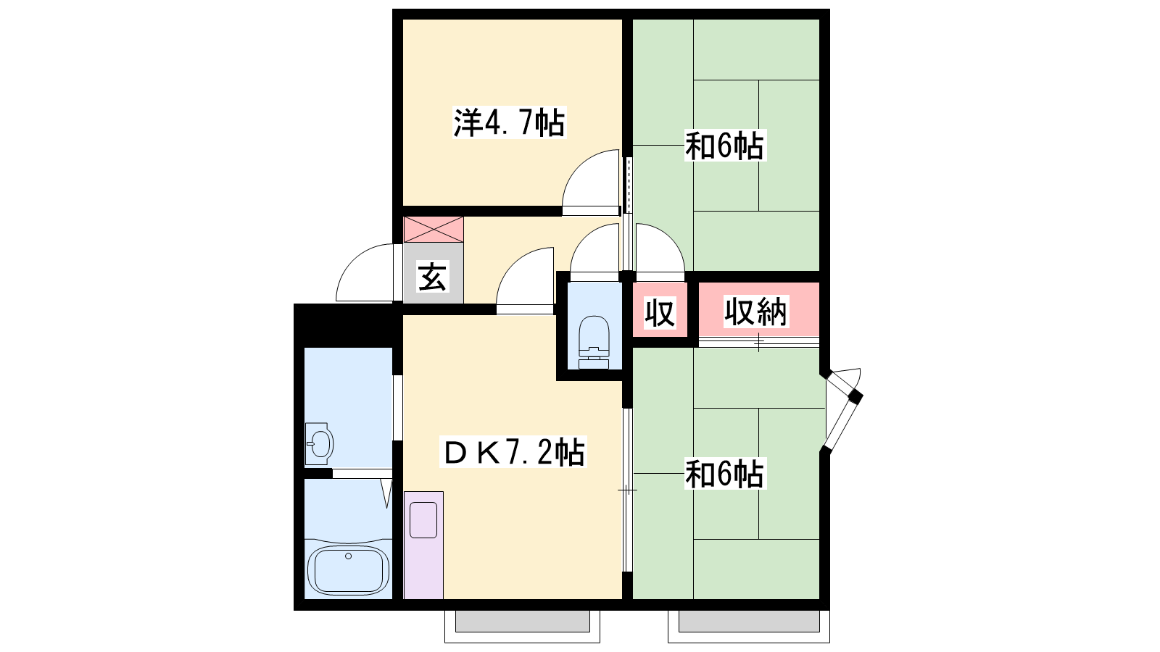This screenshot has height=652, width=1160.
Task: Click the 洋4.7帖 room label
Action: tap(510, 123)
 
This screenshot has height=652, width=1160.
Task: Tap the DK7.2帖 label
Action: tap(513, 452)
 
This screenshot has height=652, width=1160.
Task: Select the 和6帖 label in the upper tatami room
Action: tap(724, 146)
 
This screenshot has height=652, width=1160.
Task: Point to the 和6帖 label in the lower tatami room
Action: tap(724, 474)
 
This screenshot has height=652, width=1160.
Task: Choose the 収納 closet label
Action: tap(755, 312)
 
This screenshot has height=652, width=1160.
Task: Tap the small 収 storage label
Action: tap(660, 312)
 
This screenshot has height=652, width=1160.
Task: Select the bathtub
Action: tap(348, 569)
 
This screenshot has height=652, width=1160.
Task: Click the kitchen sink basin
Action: tap(423, 519)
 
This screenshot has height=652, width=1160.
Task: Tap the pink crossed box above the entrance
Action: tap(434, 229)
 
